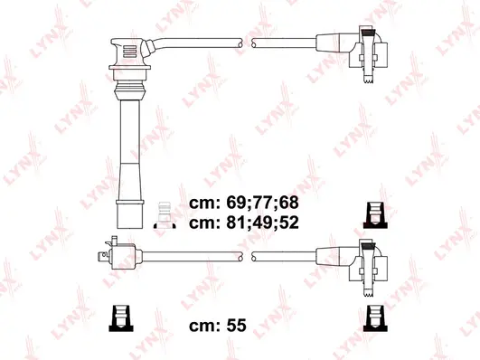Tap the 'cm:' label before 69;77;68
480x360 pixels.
[x=204, y=202]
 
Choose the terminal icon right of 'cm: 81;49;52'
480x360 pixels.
[x=372, y=213]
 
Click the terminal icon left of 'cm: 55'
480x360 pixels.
[x=118, y=317]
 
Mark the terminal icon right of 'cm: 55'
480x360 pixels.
[x=372, y=317]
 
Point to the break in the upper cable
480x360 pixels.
[x=247, y=42]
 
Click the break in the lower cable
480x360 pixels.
[x=247, y=256]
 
